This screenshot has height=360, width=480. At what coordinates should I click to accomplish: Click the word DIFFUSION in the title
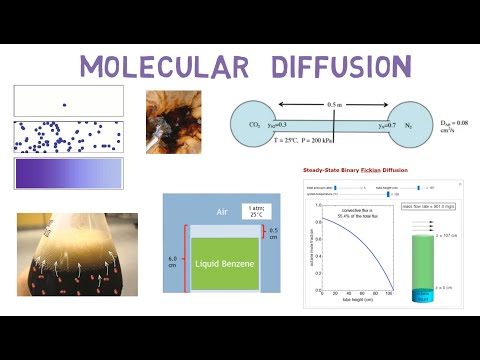click(333, 67)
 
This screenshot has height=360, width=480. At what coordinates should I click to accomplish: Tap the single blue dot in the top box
click(65, 104)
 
